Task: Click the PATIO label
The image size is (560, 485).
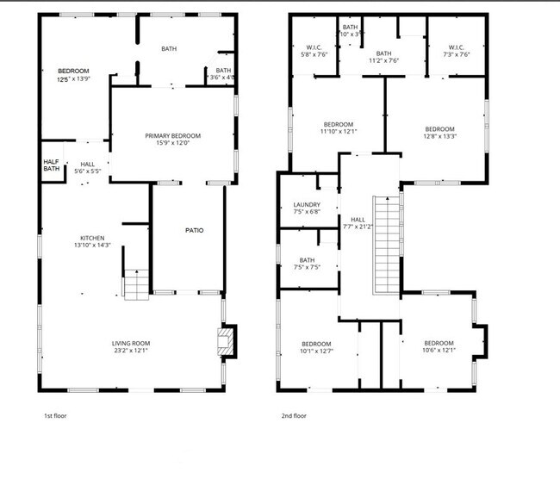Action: pyautogui.click(x=195, y=230)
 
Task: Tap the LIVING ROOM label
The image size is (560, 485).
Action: pyautogui.click(x=130, y=344)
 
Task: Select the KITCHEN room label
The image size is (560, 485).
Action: pyautogui.click(x=92, y=238)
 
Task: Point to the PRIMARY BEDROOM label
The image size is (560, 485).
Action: pyautogui.click(x=172, y=136)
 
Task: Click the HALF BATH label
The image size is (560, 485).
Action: pyautogui.click(x=52, y=165)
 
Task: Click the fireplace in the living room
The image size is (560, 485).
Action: pyautogui.click(x=226, y=340)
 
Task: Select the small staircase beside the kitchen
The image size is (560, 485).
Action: pyautogui.click(x=136, y=284)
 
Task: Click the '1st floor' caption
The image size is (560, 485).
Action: pyautogui.click(x=55, y=416)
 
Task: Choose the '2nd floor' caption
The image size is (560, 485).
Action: pyautogui.click(x=294, y=416)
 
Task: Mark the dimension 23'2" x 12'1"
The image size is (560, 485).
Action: pyautogui.click(x=130, y=351)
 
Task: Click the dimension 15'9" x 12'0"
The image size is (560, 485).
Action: pyautogui.click(x=172, y=143)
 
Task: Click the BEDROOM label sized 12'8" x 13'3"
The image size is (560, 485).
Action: pyautogui.click(x=439, y=129)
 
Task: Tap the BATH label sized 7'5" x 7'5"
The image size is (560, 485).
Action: pyautogui.click(x=307, y=260)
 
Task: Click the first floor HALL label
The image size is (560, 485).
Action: pyautogui.click(x=88, y=164)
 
